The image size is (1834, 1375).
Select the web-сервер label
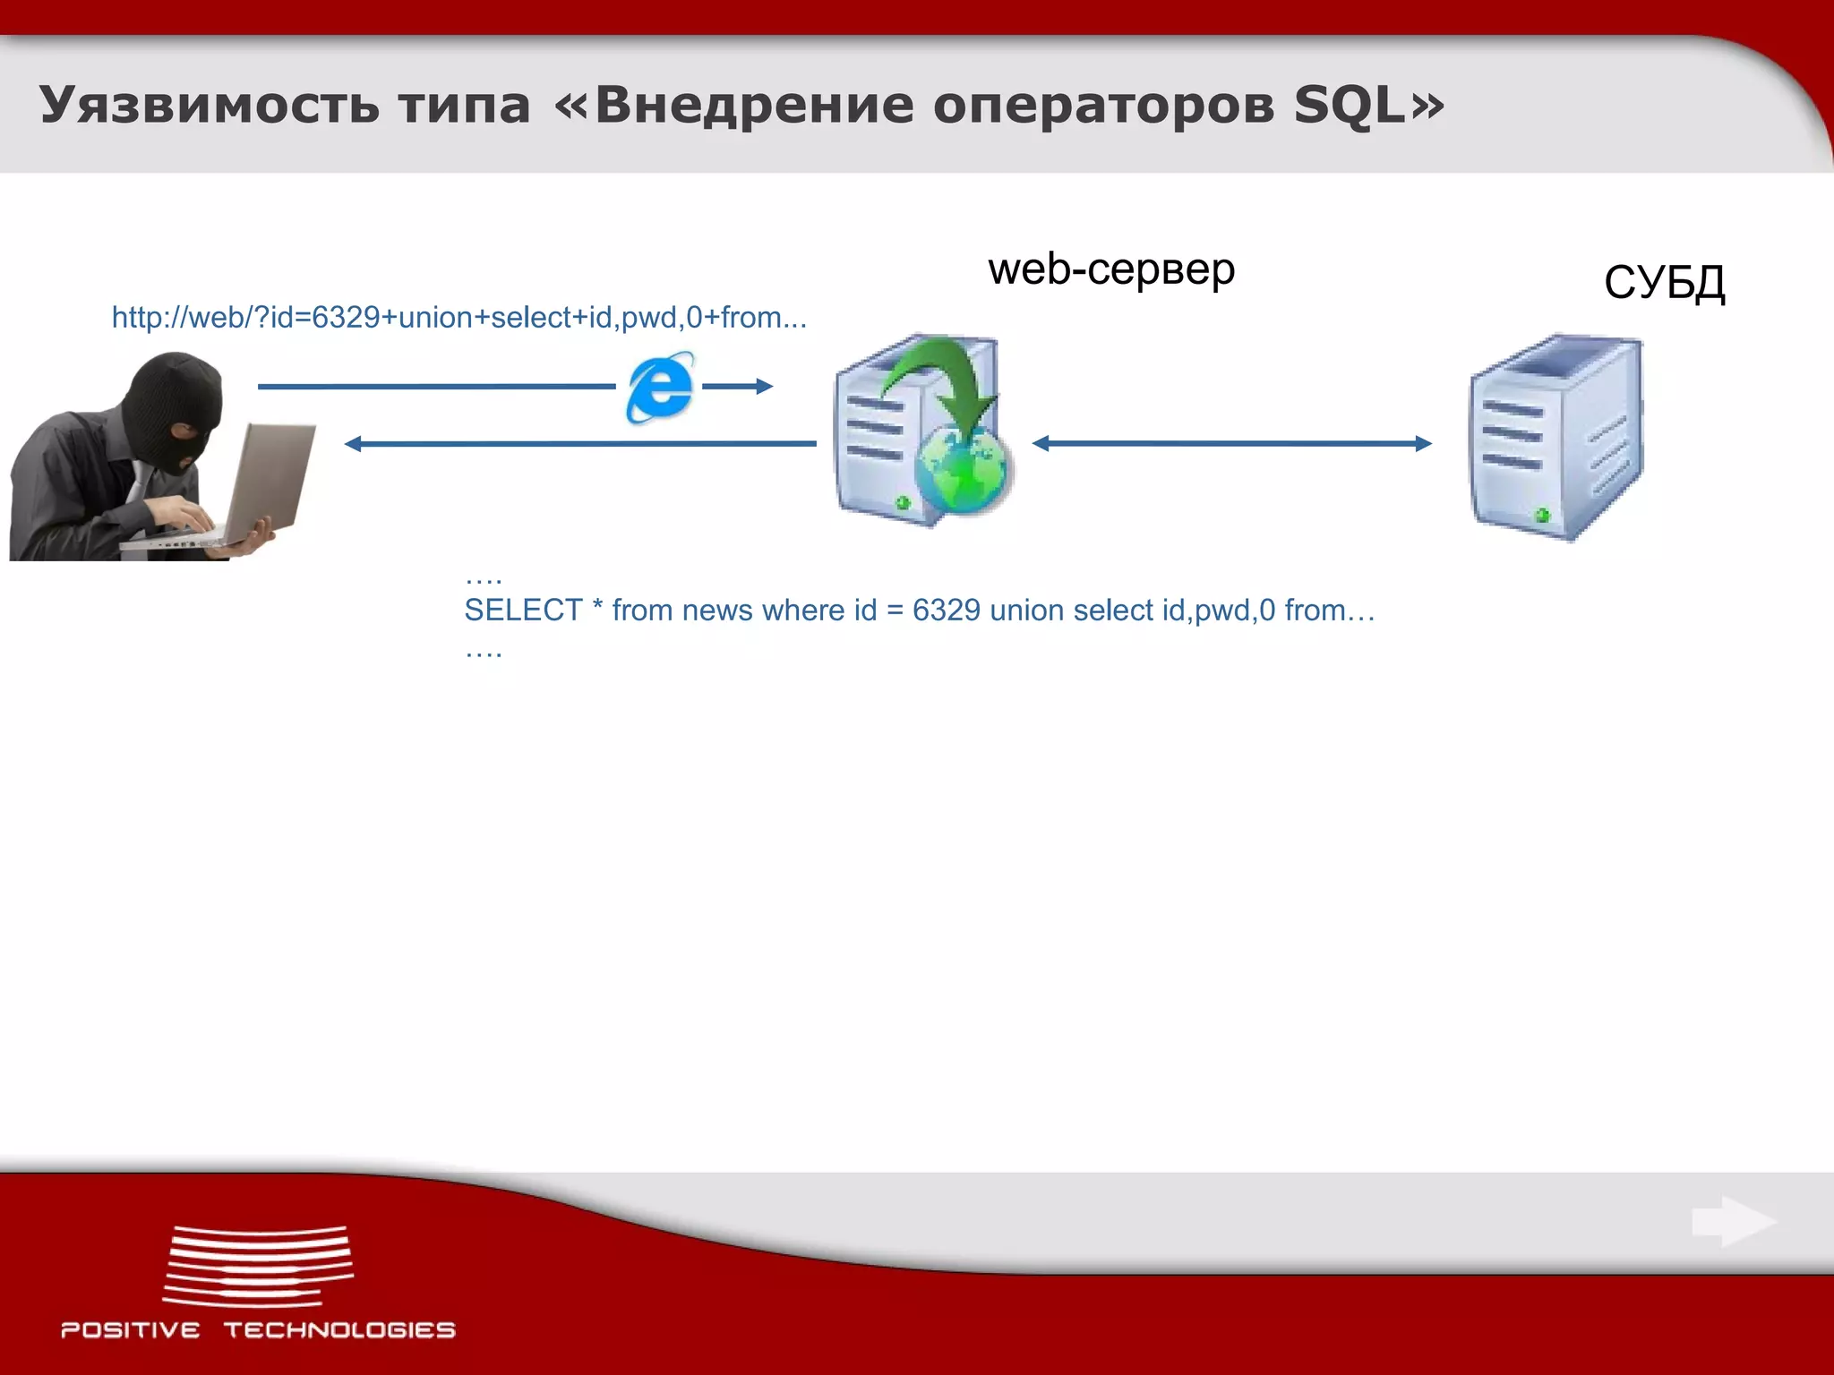coord(1111,269)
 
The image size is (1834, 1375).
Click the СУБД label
coord(1664,283)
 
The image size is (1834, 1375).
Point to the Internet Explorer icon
coord(660,387)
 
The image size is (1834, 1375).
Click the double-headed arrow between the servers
coord(1231,443)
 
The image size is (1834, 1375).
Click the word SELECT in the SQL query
coord(523,611)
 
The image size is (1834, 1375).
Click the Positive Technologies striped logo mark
coord(258,1266)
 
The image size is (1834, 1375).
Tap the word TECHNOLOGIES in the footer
coord(339,1330)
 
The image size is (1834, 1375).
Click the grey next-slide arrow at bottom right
coord(1734,1221)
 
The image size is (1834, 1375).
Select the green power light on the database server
coord(1542,515)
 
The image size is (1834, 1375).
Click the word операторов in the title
coord(1103,106)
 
